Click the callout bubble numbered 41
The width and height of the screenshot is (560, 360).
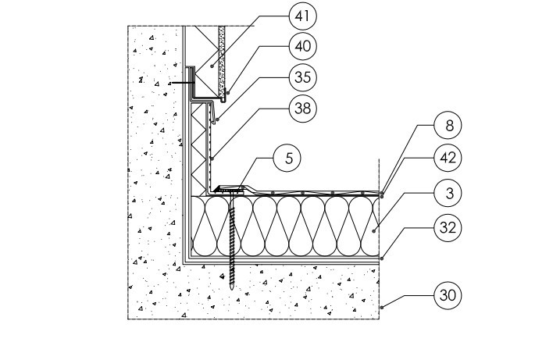coord(303,15)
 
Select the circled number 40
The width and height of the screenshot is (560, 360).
coord(303,46)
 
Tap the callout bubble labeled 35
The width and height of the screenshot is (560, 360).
coord(303,77)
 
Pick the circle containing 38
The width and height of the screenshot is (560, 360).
coord(303,108)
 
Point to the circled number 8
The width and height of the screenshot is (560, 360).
coord(448,124)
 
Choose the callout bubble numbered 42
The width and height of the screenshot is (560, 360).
coord(448,158)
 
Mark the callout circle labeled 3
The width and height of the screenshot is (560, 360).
coord(448,192)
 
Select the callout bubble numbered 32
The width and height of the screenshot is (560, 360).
coord(448,228)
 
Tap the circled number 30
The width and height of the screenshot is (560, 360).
coord(448,296)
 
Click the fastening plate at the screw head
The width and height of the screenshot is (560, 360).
coord(231,189)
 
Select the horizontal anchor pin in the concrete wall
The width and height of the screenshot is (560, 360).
coord(182,80)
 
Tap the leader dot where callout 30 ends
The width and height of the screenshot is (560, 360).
coord(381,309)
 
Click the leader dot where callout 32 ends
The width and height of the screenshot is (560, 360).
coord(381,257)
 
